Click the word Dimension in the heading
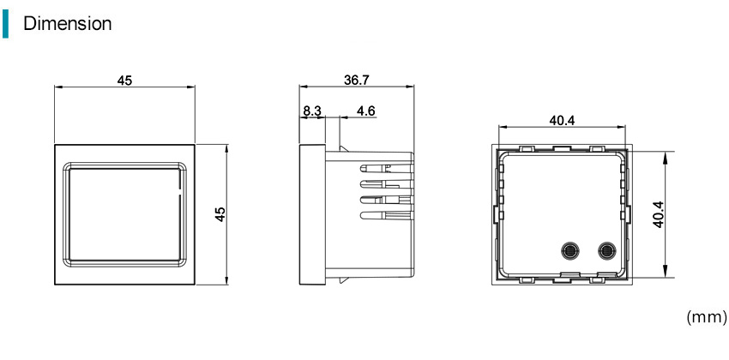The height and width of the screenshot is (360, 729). tap(68, 24)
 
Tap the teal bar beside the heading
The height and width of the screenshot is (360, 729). tap(5, 24)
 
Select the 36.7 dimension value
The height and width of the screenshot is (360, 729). tap(357, 80)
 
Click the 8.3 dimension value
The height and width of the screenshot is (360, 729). tap(312, 111)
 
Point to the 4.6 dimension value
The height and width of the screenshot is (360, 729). tap(366, 111)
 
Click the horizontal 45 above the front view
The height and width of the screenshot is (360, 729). tap(124, 81)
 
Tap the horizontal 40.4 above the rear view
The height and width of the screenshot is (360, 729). tap(562, 120)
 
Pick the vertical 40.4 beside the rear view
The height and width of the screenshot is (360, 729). tap(658, 214)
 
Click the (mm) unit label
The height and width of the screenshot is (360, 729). tap(706, 317)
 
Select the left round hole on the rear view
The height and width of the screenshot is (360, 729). tap(569, 251)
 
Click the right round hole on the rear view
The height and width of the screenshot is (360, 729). tap(605, 251)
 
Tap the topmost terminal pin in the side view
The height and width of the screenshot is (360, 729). tap(387, 168)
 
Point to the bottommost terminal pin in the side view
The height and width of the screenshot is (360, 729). tap(387, 215)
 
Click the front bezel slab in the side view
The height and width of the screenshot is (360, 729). tap(312, 214)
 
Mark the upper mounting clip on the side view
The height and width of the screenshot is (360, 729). tap(344, 148)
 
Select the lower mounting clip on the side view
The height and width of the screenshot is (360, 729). tap(344, 280)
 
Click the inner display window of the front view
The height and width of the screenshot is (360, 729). tap(124, 214)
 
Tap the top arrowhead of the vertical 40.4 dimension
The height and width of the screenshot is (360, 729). tap(666, 156)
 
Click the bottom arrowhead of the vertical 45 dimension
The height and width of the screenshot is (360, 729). tap(226, 279)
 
